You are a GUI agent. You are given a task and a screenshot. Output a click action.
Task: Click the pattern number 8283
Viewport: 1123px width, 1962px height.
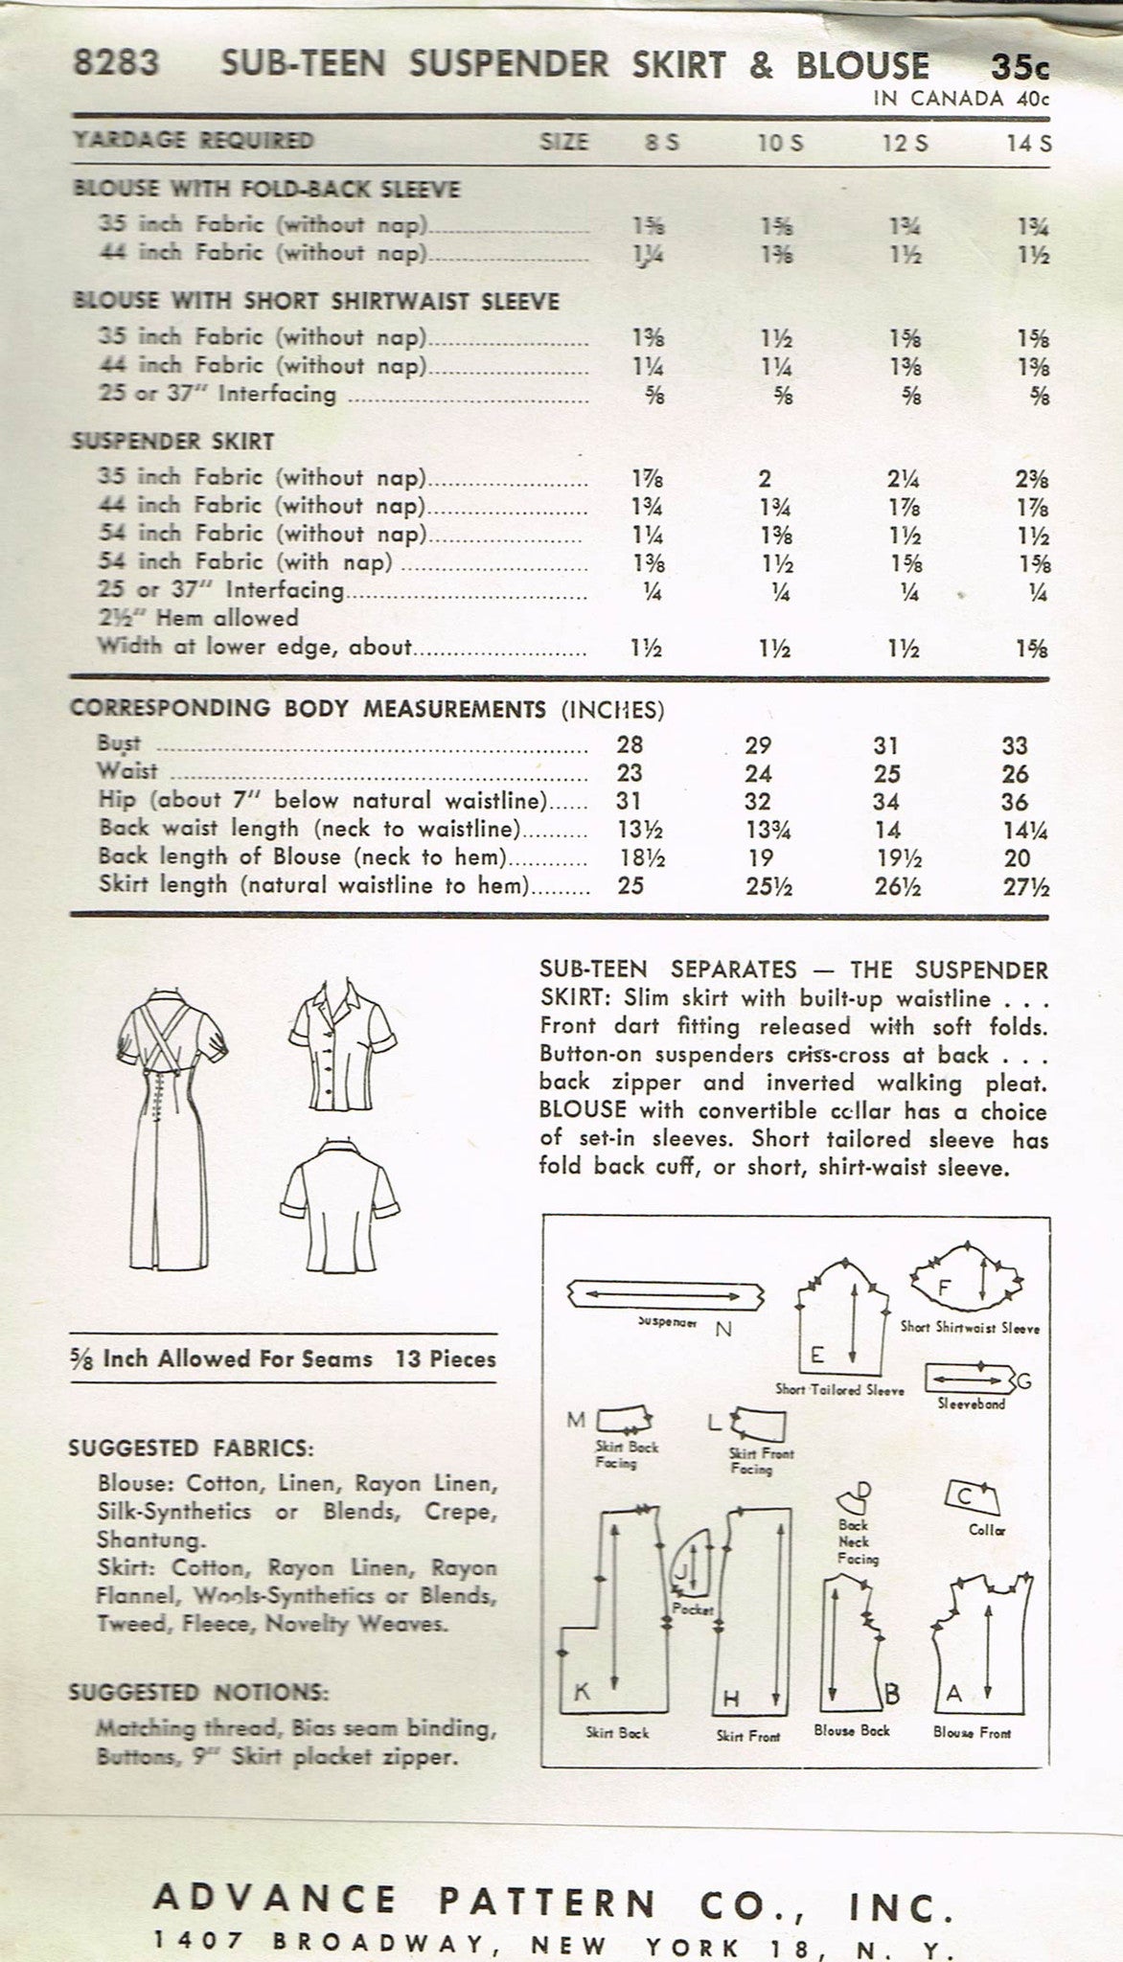pyautogui.click(x=115, y=65)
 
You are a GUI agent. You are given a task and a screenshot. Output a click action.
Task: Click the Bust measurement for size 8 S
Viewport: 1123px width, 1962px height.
pyautogui.click(x=630, y=744)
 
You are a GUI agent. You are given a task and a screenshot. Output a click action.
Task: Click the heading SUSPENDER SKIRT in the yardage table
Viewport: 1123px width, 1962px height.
pyautogui.click(x=173, y=442)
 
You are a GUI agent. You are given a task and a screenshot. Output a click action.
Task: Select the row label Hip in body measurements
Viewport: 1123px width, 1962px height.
pyautogui.click(x=119, y=801)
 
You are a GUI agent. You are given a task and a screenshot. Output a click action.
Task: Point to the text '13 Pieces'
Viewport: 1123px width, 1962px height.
pyautogui.click(x=446, y=1358)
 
